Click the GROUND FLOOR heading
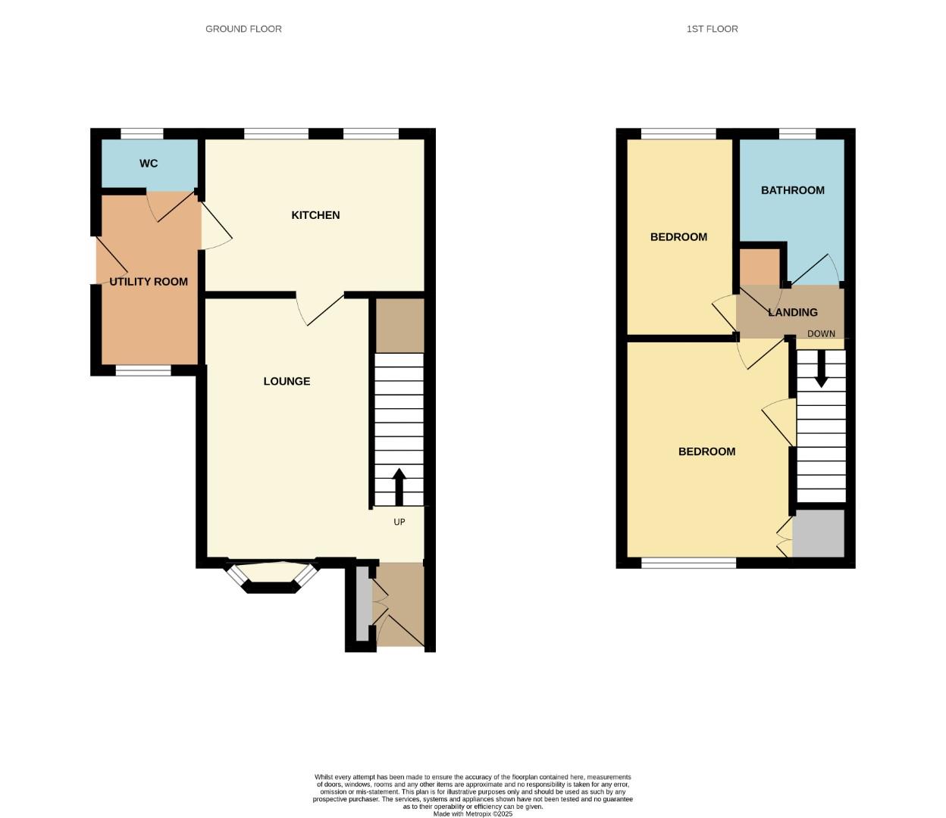(x=243, y=29)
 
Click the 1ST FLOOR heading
(x=712, y=29)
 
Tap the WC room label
(x=149, y=164)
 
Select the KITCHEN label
(x=315, y=215)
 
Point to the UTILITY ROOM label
(x=149, y=282)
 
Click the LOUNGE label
(x=287, y=381)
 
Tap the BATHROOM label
(x=793, y=190)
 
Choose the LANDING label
(x=793, y=312)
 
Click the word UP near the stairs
(x=399, y=522)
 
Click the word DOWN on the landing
(x=821, y=334)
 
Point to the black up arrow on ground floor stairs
(x=399, y=487)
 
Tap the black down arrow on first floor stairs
(x=821, y=369)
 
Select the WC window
(x=142, y=133)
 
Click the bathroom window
(x=797, y=133)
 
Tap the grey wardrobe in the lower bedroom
(x=819, y=533)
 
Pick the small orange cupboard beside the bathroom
(x=760, y=267)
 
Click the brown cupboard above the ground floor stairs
(x=400, y=326)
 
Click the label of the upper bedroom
(x=678, y=237)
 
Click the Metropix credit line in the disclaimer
(x=473, y=814)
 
